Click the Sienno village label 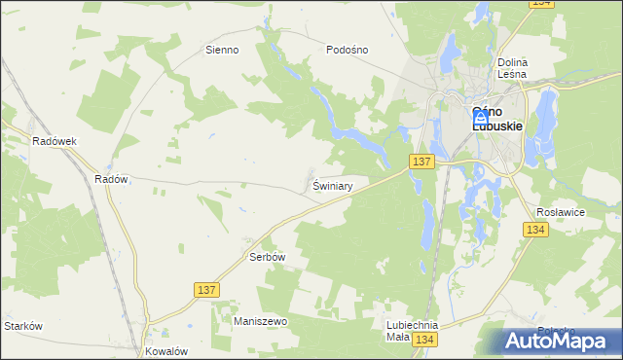point(222,49)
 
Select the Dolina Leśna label point(512,67)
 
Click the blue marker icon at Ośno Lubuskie point(480,116)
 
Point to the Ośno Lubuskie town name point(497,119)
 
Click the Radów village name point(112,179)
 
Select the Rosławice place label point(560,211)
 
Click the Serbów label point(265,257)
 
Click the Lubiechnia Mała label point(412,332)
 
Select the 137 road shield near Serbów point(206,290)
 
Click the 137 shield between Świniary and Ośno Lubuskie point(421,162)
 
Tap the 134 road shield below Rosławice point(534,230)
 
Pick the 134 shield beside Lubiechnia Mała point(423,340)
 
